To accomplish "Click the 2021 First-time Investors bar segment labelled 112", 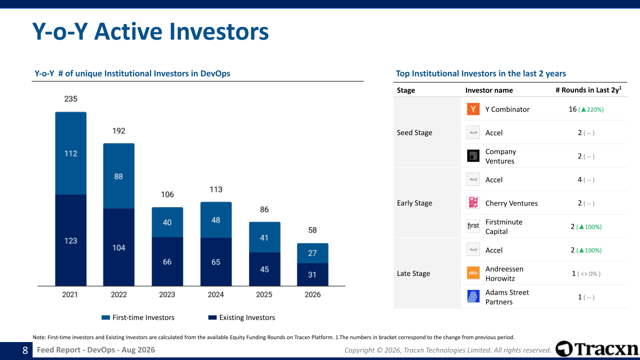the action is point(71,153).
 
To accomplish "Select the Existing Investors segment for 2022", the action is point(119,247).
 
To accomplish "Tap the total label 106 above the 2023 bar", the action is point(167,194).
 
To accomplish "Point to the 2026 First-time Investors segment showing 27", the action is point(312,253).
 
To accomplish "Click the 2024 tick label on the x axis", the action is point(215,294).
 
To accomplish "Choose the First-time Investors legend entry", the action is point(138,317).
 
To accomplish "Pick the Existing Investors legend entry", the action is point(241,317).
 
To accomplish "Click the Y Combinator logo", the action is point(473,109).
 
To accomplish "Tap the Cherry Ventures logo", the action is point(473,203).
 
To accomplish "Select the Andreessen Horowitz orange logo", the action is point(473,273).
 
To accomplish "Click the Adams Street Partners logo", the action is point(473,296).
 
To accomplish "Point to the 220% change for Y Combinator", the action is point(591,109).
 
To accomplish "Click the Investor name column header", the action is point(489,90).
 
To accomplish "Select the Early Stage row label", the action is point(414,203).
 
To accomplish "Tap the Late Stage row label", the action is point(413,273).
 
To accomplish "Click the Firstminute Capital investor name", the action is point(504,226).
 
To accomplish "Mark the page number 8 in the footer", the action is point(25,350).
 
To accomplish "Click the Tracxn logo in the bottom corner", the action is point(597,349).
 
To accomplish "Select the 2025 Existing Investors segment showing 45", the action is point(264,269).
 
